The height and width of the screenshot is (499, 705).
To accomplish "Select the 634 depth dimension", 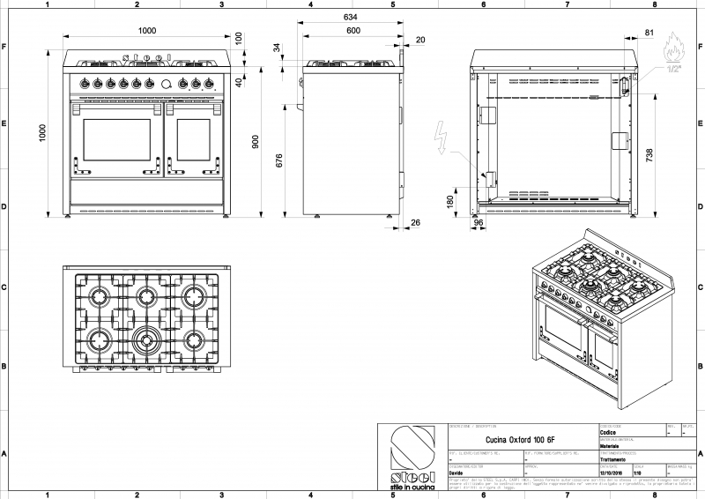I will (350, 17).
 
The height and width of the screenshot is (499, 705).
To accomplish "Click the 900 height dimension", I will (256, 142).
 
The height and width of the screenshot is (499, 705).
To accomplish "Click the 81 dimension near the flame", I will (649, 33).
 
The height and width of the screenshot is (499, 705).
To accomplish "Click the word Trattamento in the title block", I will (614, 460).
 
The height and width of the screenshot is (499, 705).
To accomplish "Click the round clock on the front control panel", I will (166, 85).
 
